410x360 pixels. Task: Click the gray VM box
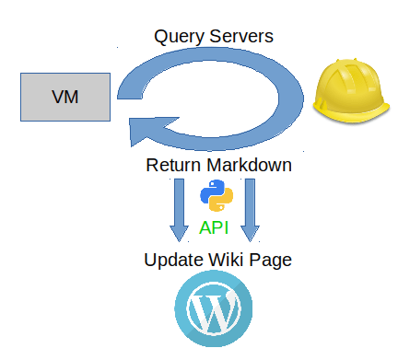click(64, 97)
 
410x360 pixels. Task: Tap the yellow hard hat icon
click(355, 89)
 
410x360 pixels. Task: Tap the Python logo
click(215, 196)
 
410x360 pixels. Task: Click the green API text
click(215, 227)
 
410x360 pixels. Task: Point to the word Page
click(274, 260)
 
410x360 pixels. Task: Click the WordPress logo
click(214, 313)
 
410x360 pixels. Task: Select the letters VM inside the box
click(64, 97)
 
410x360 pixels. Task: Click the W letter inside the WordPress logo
click(214, 314)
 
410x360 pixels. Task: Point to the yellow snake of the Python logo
click(220, 203)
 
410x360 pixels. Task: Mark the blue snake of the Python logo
click(209, 190)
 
